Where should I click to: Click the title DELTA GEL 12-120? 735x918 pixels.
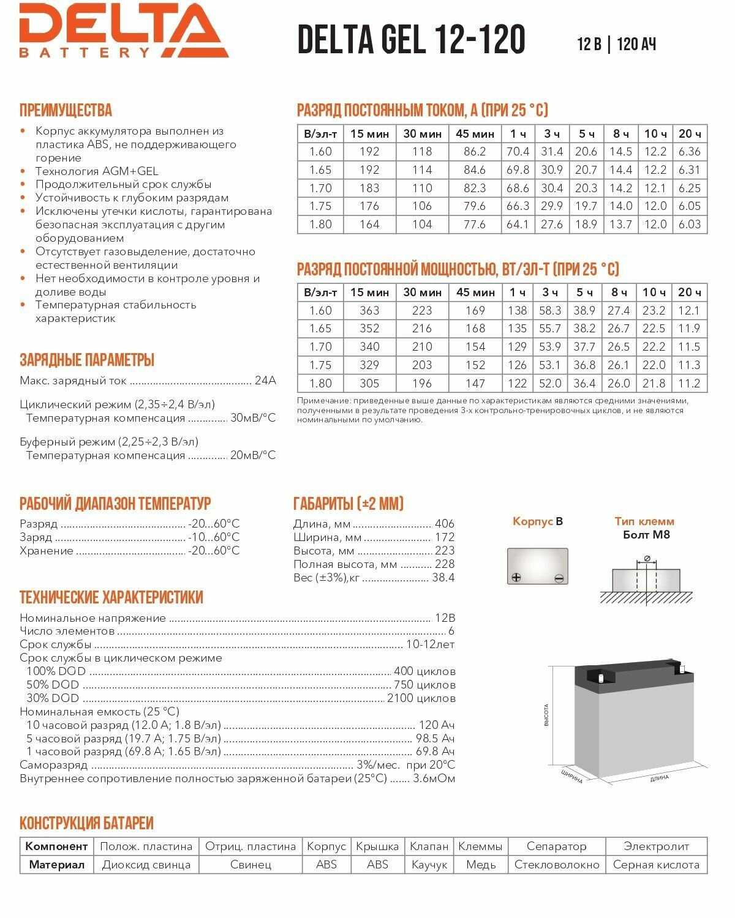(x=411, y=40)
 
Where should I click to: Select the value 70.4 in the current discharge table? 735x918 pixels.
(x=518, y=152)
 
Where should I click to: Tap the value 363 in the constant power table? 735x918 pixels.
(x=369, y=311)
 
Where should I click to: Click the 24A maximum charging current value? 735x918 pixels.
(x=265, y=381)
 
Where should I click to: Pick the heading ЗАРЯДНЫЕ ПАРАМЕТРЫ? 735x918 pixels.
(x=86, y=360)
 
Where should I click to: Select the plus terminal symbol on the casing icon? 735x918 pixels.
(x=516, y=578)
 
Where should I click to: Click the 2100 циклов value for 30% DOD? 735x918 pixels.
(x=421, y=698)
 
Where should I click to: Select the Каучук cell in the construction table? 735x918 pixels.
(x=429, y=865)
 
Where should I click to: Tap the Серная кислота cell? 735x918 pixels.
(x=656, y=865)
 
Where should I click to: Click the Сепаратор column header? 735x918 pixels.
(x=556, y=846)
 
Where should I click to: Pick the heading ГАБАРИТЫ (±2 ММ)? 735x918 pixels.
(x=349, y=504)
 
